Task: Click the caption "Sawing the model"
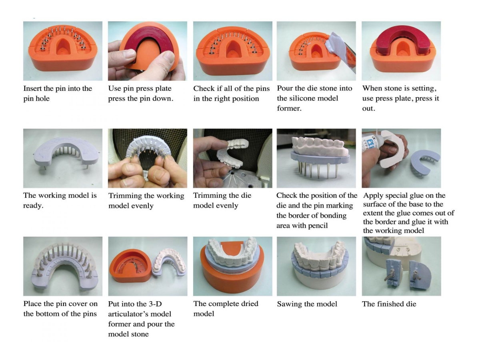pos(307,304)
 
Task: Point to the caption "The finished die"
pos(389,304)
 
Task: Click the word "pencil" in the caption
pos(318,226)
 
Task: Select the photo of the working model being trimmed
pos(148,158)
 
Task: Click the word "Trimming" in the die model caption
pos(207,196)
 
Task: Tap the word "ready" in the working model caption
pos(32,206)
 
